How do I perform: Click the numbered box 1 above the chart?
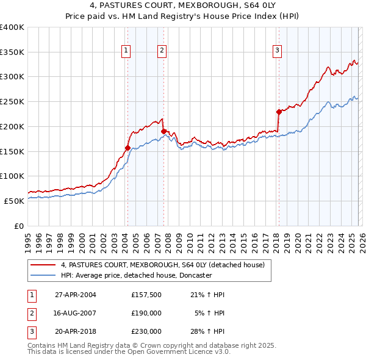click(x=126, y=51)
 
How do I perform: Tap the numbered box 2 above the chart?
click(x=162, y=51)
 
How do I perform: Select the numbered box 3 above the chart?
click(x=277, y=51)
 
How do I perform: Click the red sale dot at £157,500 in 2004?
click(x=127, y=148)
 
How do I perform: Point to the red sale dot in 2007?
click(x=163, y=131)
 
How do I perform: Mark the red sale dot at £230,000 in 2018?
click(x=279, y=112)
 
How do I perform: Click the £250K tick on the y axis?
click(x=12, y=101)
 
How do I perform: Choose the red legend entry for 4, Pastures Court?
click(x=162, y=265)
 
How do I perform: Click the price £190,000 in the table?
click(x=146, y=313)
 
